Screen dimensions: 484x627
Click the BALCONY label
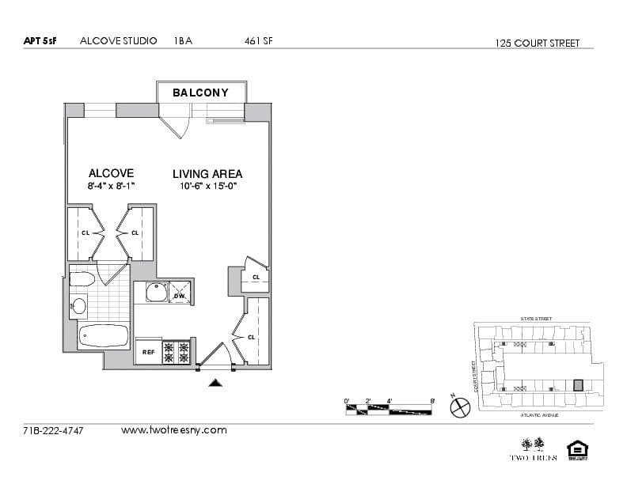(200, 93)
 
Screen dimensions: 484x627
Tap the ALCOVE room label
(111, 173)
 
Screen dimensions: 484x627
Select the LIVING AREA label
(207, 174)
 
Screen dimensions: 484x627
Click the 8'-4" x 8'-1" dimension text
(112, 187)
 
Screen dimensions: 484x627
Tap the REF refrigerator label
(148, 352)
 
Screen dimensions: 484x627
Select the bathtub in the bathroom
(104, 336)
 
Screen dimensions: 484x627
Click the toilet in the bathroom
(81, 278)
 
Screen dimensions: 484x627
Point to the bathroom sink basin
(79, 306)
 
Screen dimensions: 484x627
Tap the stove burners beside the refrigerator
(177, 352)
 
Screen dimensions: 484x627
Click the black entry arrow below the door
(216, 383)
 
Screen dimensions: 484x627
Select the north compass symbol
(460, 406)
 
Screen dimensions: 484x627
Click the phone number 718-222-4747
(54, 431)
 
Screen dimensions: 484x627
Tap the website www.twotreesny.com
(173, 430)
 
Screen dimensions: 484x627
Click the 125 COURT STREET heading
(538, 43)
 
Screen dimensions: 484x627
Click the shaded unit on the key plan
(578, 384)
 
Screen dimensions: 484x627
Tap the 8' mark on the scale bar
(432, 402)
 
